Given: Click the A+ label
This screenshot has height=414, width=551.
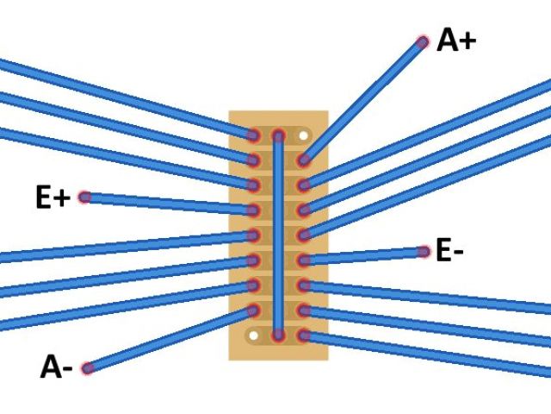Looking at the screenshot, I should point(456,40).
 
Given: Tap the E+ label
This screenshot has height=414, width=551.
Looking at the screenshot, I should point(53,198).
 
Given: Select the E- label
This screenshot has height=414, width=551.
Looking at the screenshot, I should point(450,251).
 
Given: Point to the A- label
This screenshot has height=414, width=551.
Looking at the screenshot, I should point(56,368).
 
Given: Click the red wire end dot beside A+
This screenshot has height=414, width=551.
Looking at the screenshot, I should point(422,41).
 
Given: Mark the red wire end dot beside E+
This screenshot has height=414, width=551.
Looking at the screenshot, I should point(84,197).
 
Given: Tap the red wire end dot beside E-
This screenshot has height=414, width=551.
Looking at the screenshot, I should point(423,252).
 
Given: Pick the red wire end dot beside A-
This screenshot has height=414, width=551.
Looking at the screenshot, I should point(87,368).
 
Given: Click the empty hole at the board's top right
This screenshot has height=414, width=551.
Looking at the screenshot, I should point(303,135).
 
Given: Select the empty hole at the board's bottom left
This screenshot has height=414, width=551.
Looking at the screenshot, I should point(253,335).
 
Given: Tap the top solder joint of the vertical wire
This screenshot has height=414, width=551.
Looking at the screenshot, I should point(278,135).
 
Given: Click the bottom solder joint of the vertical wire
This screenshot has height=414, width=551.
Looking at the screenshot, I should point(278,335).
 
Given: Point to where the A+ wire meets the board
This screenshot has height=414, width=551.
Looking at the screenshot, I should point(303,160).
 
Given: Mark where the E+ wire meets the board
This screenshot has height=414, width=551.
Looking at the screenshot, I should point(253,210).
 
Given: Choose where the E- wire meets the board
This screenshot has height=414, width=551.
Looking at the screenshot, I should point(303,260).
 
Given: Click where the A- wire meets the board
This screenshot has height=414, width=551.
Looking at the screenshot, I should point(253,310).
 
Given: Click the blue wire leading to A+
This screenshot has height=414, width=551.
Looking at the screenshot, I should point(362,101).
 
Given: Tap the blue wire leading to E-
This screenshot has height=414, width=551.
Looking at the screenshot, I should point(362,255).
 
